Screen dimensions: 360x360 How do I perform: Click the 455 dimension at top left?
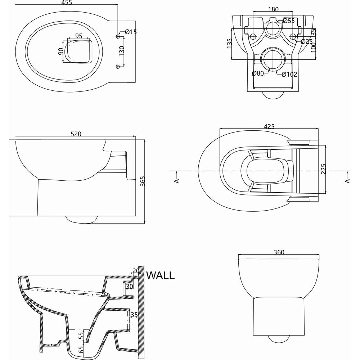pyautogui.click(x=67, y=3)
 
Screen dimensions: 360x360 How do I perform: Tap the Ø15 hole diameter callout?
pyautogui.click(x=131, y=32)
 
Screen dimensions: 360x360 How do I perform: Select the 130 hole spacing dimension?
pyautogui.click(x=121, y=51)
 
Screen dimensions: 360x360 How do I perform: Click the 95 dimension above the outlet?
pyautogui.click(x=78, y=36)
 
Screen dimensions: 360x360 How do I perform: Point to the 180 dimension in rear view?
pyautogui.click(x=273, y=9)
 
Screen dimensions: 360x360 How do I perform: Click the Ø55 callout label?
pyautogui.click(x=289, y=21)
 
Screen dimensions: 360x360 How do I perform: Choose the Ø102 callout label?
pyautogui.click(x=289, y=75)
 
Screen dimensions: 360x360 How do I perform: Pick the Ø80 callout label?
pyautogui.click(x=258, y=73)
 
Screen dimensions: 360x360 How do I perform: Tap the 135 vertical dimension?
pyautogui.click(x=229, y=44)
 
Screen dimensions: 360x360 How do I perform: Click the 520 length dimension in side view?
pyautogui.click(x=76, y=134)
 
